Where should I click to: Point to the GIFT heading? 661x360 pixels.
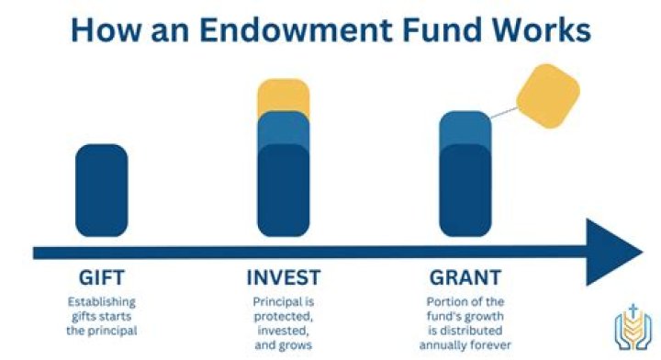pos(102,277)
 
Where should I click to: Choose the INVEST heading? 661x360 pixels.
pos(285,277)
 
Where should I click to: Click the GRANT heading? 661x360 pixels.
pos(465,277)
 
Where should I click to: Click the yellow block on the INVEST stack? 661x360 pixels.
pos(285,96)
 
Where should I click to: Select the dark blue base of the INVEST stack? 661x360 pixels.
pos(285,197)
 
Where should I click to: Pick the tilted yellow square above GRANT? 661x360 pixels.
pos(548,95)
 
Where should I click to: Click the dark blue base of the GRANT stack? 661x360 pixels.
pos(465,197)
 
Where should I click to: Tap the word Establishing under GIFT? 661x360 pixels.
pos(102,301)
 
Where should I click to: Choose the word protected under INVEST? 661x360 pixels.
pos(284,316)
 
